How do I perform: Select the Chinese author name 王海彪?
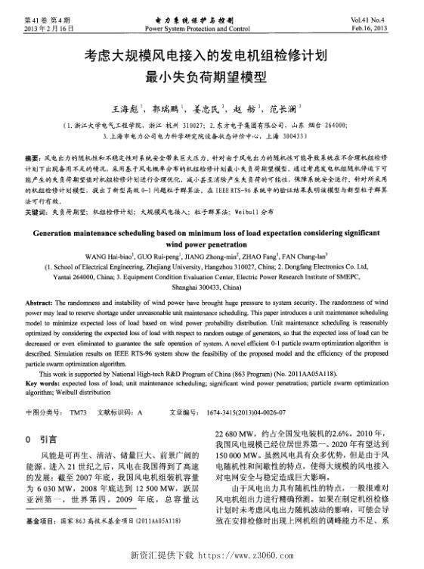(129, 110)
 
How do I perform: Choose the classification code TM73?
(78, 412)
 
